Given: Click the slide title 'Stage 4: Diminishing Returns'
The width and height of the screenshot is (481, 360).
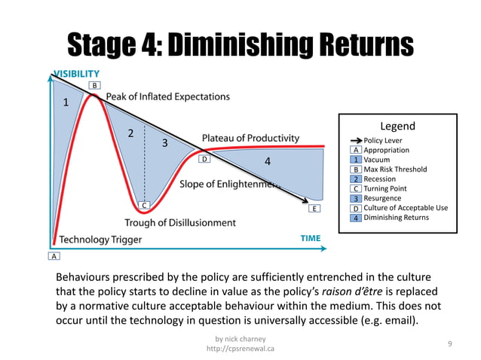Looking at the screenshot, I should tap(240, 44).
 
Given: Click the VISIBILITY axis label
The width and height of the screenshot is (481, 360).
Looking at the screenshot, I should tap(75, 74).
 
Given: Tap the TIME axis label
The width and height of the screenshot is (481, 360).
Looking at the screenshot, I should tap(311, 238).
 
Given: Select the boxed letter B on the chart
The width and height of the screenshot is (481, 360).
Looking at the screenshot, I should tap(94, 86).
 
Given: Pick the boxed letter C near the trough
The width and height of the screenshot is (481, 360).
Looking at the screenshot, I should tap(143, 205).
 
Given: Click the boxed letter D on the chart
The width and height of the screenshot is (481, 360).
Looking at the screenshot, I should tap(204, 160).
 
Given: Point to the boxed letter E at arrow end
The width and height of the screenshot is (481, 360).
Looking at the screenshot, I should tap(314, 208).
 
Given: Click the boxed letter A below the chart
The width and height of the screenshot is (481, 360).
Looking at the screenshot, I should tap(54, 256).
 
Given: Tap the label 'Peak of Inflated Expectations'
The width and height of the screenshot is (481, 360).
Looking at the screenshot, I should tap(167, 96).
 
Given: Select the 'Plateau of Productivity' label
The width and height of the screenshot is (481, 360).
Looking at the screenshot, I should tap(250, 139).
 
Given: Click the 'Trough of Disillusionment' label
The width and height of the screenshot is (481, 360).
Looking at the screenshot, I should tap(179, 223).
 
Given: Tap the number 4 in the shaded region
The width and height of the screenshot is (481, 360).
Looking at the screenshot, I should tap(267, 161).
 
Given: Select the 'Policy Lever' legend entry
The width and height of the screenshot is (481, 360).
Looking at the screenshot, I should tap(383, 140).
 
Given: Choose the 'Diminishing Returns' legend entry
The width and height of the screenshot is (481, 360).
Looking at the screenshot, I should tap(396, 218).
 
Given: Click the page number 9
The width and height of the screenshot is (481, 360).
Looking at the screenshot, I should tap(449, 343).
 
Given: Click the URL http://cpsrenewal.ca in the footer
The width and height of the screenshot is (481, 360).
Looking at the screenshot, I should tap(240, 349).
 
